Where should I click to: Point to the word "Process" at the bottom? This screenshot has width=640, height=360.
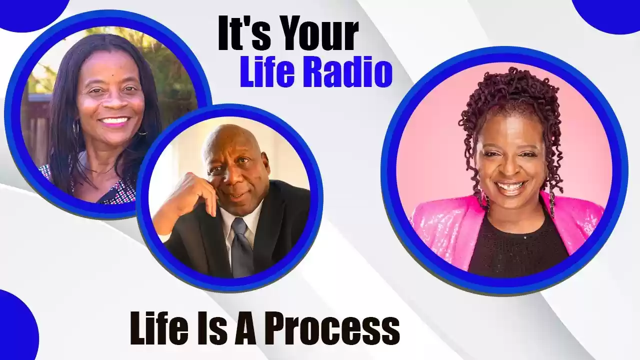(331, 328)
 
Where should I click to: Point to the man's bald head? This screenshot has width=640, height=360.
(228, 140)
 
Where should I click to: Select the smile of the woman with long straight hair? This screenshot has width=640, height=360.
(113, 120)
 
